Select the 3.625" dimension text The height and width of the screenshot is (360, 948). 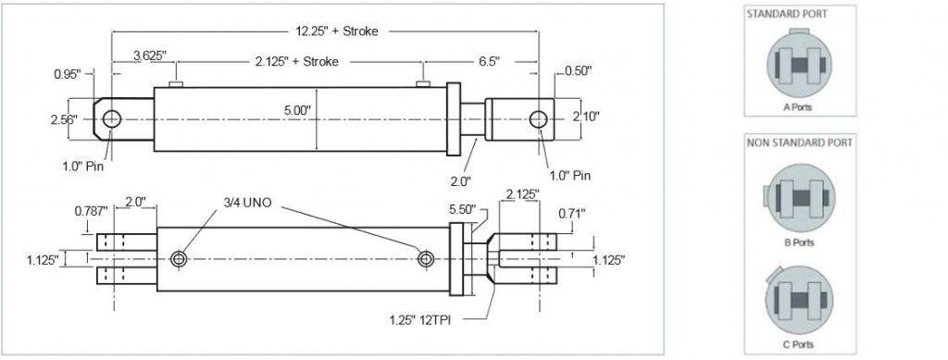click(x=149, y=56)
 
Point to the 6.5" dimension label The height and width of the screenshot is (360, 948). click(x=489, y=62)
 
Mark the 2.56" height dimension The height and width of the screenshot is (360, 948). click(x=64, y=118)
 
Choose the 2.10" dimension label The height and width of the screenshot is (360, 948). click(x=587, y=117)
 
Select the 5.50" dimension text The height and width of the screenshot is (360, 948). click(x=462, y=209)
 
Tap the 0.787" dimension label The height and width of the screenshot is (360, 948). click(x=90, y=211)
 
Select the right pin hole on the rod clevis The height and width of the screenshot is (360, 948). click(x=540, y=118)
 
